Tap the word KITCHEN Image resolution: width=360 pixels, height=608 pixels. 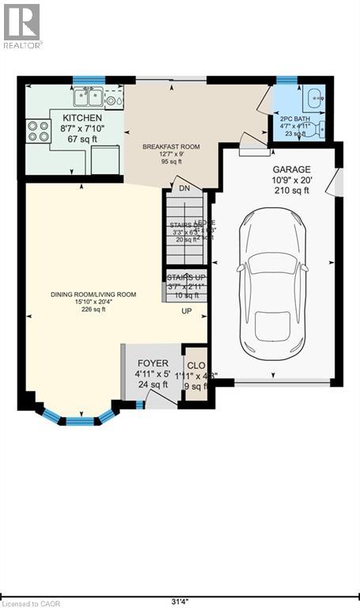pyautogui.click(x=82, y=117)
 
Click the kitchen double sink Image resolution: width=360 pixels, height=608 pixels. pyautogui.click(x=89, y=97)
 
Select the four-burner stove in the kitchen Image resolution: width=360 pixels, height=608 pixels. pyautogui.click(x=37, y=129)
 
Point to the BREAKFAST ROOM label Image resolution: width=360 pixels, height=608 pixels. pyautogui.click(x=170, y=146)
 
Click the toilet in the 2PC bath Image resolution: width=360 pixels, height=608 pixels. pyautogui.click(x=320, y=129)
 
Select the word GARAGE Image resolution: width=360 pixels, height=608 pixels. pyautogui.click(x=291, y=169)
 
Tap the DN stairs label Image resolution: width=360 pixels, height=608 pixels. pyautogui.click(x=184, y=188)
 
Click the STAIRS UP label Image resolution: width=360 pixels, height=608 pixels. pyautogui.click(x=186, y=277)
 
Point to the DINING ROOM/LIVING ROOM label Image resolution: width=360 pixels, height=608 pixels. pyautogui.click(x=94, y=294)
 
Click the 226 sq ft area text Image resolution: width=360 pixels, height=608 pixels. pyautogui.click(x=93, y=310)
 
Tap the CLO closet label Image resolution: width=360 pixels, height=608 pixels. pyautogui.click(x=195, y=366)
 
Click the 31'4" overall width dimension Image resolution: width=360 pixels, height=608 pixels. pyautogui.click(x=180, y=587)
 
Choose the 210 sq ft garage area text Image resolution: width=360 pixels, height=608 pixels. pyautogui.click(x=291, y=190)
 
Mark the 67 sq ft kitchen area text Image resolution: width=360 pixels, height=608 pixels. pyautogui.click(x=81, y=139)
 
